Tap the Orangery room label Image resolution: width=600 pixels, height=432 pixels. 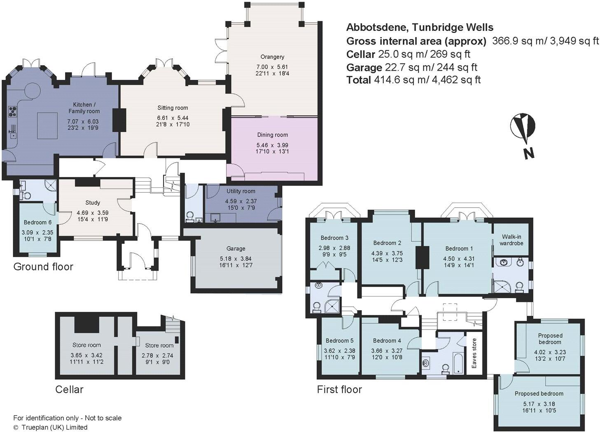(272, 57)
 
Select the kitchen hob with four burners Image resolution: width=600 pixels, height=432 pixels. (13, 111)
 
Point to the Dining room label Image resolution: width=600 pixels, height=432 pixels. (272, 135)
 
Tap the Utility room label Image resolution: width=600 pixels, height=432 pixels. (240, 191)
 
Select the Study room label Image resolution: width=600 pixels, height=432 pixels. (93, 203)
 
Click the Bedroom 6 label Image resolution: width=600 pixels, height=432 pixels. (37, 222)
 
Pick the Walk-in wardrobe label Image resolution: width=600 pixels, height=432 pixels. (512, 240)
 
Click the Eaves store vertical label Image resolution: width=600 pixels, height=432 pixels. (474, 353)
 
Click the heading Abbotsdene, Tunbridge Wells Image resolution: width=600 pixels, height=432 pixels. (420, 28)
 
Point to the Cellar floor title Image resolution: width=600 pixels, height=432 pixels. (69, 389)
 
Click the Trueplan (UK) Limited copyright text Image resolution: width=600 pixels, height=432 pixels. (50, 427)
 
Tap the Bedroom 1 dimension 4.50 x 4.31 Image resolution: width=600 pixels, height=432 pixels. (459, 259)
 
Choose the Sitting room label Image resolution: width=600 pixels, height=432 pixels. (173, 108)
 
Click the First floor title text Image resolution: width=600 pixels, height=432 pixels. (339, 389)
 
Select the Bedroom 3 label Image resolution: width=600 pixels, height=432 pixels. (334, 238)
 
